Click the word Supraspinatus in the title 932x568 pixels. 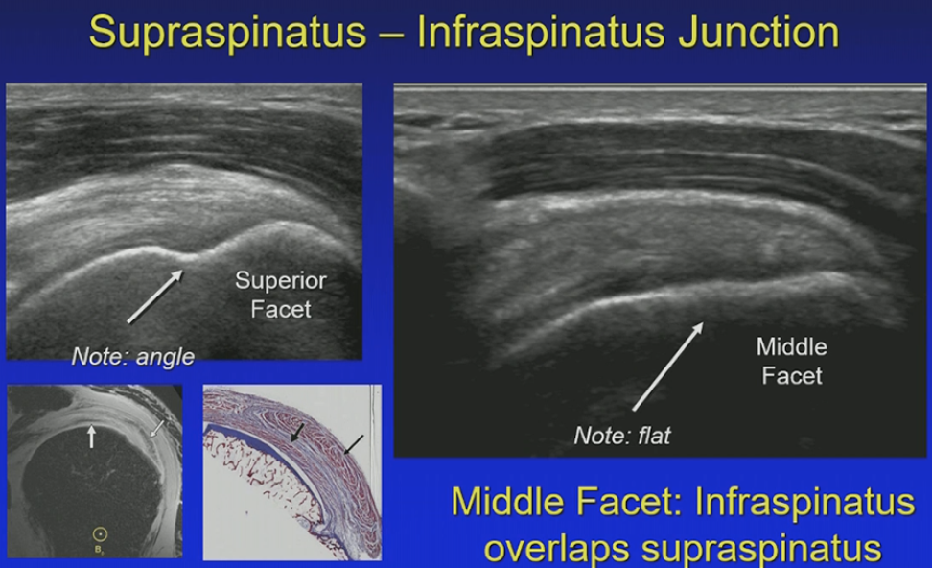(x=227, y=34)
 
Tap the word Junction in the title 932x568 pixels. (x=758, y=34)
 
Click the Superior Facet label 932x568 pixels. (x=281, y=295)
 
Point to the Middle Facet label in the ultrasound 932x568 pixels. (x=792, y=361)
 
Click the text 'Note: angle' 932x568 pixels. (x=132, y=357)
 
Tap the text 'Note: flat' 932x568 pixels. (x=621, y=436)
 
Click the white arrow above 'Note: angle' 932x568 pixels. (x=155, y=296)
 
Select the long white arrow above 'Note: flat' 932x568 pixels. (x=668, y=367)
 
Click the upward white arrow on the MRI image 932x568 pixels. (x=91, y=436)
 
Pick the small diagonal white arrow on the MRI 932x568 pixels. (x=157, y=428)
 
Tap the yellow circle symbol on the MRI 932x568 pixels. (x=100, y=534)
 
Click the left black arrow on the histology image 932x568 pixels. (x=297, y=433)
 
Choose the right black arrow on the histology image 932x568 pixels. (x=353, y=445)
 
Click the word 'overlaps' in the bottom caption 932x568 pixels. (x=557, y=548)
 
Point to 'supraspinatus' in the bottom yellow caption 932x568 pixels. (x=761, y=549)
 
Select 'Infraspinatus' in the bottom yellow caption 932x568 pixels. (x=804, y=502)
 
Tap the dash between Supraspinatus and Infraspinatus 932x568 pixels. (x=391, y=35)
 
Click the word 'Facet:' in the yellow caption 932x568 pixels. (x=629, y=502)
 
